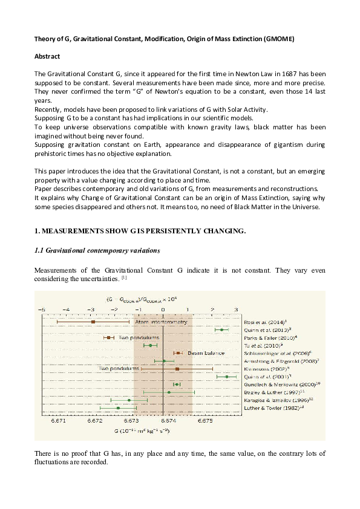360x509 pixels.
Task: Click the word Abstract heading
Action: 50,55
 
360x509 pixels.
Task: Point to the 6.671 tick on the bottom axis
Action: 59,420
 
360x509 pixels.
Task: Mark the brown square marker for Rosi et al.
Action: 93,322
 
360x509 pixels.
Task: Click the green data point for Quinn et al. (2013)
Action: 222,329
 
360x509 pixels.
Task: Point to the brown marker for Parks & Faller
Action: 109,337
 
